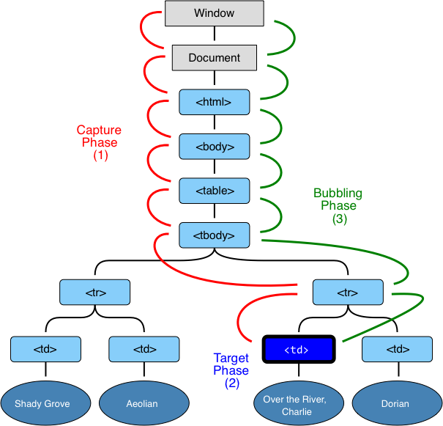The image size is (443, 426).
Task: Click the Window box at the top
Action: coord(214,13)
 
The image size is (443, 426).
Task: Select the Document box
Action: coord(214,58)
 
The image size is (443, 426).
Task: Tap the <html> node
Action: coord(214,102)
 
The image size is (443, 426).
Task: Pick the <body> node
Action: coord(214,147)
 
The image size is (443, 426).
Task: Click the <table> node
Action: coord(214,191)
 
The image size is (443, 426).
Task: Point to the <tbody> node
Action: coord(214,235)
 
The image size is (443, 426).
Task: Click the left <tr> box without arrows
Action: coord(95,292)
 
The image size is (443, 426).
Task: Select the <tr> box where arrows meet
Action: coord(348,292)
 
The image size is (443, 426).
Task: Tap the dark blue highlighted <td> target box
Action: coord(298,350)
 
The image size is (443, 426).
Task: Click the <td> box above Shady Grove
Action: coord(45,350)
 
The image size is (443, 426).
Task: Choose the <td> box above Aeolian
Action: coord(144,350)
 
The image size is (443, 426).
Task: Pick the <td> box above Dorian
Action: coord(397,350)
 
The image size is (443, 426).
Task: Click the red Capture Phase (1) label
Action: coord(100,143)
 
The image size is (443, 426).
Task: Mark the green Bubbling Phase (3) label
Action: coord(338,206)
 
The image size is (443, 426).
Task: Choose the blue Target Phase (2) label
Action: coord(231,371)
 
